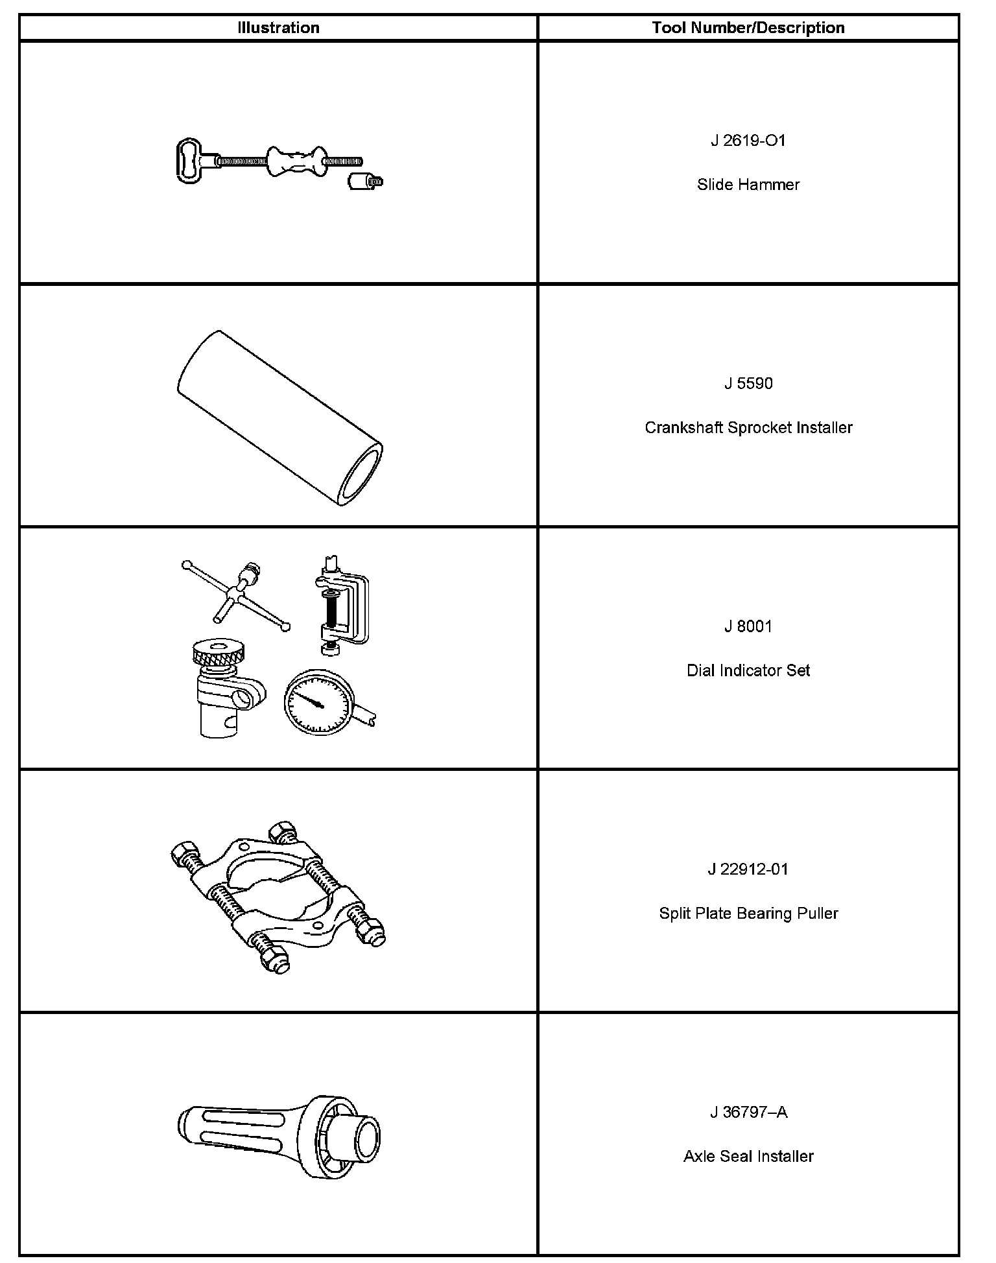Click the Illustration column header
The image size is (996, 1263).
coord(278,28)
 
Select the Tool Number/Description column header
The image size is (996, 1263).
coord(748,28)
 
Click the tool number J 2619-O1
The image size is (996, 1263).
coord(748,141)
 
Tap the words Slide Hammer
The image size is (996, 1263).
coord(748,185)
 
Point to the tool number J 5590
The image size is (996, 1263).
coord(748,384)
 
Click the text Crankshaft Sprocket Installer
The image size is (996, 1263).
coord(748,428)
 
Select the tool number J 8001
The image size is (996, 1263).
coord(748,626)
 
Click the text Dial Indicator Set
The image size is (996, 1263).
coord(748,670)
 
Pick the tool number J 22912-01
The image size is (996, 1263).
coord(748,869)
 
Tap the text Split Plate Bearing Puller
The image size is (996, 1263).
coord(748,914)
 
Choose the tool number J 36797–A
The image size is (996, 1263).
coord(748,1113)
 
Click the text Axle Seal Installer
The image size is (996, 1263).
coord(748,1157)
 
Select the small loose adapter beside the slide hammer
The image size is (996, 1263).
coord(364,181)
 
